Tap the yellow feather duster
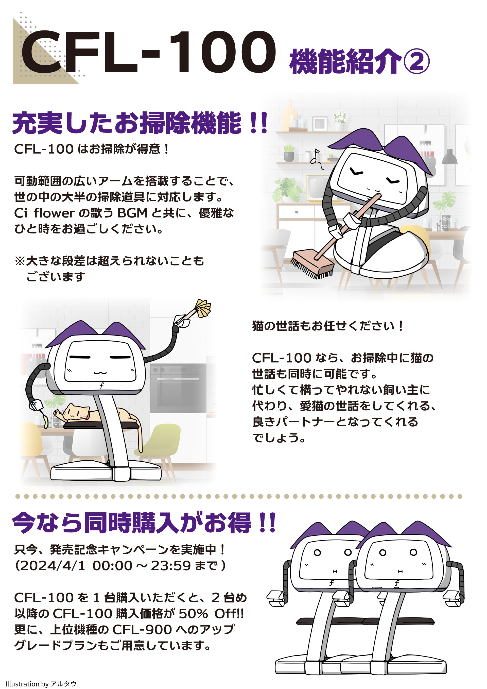[203, 309]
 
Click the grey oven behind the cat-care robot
[178, 388]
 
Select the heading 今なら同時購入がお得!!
[144, 523]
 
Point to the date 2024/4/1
[52, 566]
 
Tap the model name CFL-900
[142, 630]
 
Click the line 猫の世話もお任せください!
[328, 326]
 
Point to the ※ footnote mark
[20, 261]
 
